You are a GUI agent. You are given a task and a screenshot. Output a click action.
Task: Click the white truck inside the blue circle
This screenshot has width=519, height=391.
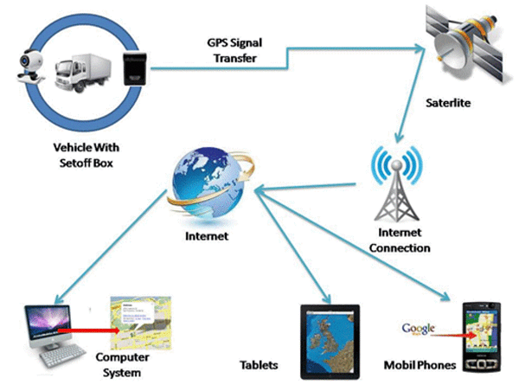(x=85, y=72)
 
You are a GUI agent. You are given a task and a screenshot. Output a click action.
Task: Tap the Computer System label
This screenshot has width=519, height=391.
(x=118, y=365)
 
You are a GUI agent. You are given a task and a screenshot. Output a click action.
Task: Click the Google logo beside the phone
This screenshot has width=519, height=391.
(x=418, y=330)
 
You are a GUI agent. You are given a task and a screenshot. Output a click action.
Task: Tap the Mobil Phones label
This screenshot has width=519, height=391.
(x=419, y=366)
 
